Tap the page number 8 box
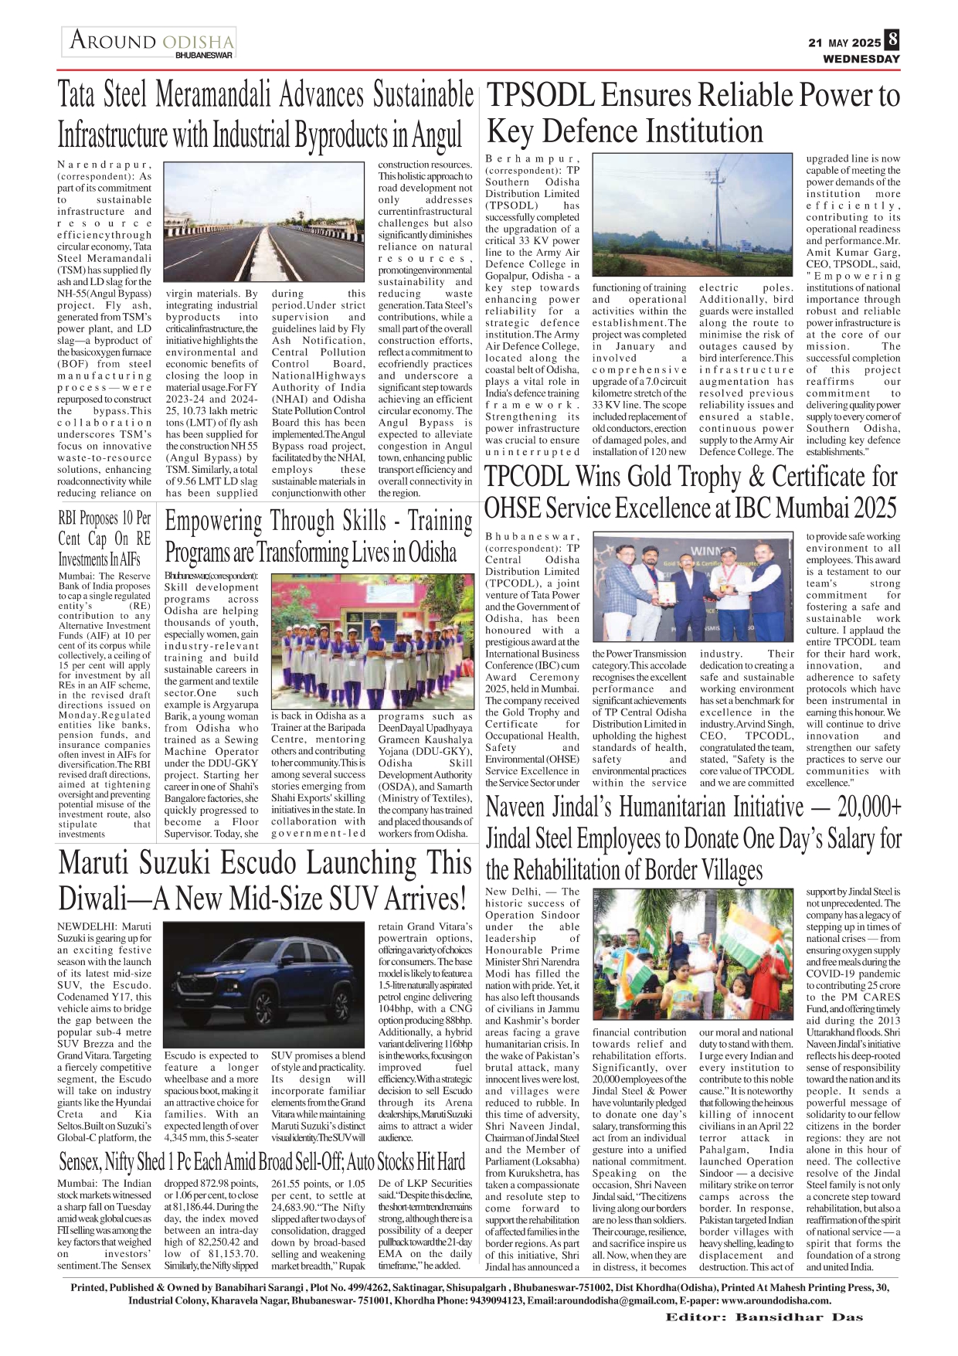tap(893, 39)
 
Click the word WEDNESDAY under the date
tap(861, 59)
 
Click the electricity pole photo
tap(693, 216)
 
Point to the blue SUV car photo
tap(265, 984)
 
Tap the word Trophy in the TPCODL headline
tap(729, 477)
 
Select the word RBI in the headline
tap(70, 518)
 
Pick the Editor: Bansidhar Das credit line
tap(764, 1317)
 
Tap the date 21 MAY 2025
tap(844, 42)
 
